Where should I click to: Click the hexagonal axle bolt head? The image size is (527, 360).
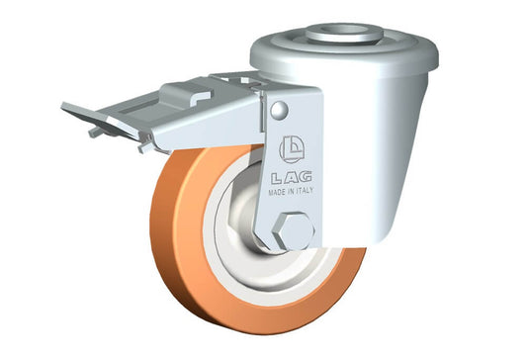pyautogui.click(x=294, y=231)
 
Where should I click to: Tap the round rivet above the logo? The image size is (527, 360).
pyautogui.click(x=279, y=110)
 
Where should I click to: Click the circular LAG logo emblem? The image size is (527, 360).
pyautogui.click(x=292, y=149)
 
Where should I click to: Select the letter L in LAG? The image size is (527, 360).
pyautogui.click(x=277, y=178)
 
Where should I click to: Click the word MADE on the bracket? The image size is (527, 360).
pyautogui.click(x=277, y=193)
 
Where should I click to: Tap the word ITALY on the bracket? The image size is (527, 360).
pyautogui.click(x=305, y=191)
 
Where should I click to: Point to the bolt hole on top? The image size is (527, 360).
pyautogui.click(x=345, y=30)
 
